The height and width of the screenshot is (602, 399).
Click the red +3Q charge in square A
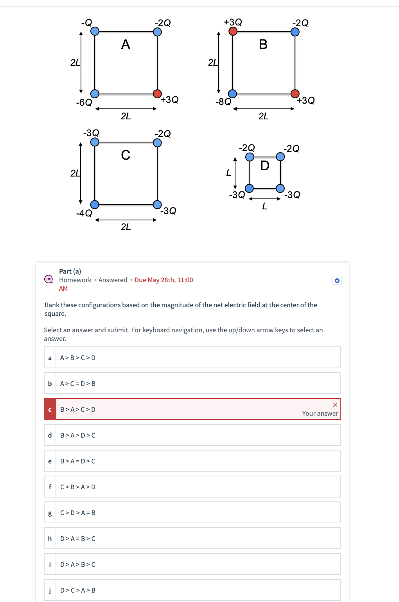click(x=157, y=94)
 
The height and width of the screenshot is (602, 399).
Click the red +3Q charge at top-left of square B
click(x=233, y=31)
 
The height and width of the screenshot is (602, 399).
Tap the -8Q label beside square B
click(x=223, y=102)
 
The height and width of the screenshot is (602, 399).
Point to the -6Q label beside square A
click(x=84, y=103)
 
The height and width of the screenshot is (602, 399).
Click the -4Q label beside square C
click(x=84, y=213)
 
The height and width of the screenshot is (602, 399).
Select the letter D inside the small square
click(x=265, y=166)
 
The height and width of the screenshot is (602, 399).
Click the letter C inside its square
click(x=126, y=155)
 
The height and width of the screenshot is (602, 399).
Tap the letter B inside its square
click(x=263, y=45)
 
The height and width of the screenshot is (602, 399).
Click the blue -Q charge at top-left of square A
click(x=95, y=31)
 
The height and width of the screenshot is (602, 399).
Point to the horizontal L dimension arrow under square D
click(x=265, y=199)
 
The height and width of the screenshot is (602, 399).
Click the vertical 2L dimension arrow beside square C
click(x=81, y=173)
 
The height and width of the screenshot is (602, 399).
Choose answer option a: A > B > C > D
click(x=192, y=357)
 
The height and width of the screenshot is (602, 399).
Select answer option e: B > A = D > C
click(x=192, y=461)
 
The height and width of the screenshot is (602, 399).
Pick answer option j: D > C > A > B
click(x=192, y=590)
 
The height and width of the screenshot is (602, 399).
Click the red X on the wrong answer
click(x=335, y=405)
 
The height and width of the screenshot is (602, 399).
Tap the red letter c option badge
click(x=50, y=409)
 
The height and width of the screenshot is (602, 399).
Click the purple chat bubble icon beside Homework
click(x=49, y=279)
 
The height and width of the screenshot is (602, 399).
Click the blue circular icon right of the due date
click(x=337, y=280)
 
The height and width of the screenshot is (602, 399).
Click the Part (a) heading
click(x=70, y=271)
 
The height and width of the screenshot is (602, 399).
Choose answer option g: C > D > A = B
click(x=192, y=512)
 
